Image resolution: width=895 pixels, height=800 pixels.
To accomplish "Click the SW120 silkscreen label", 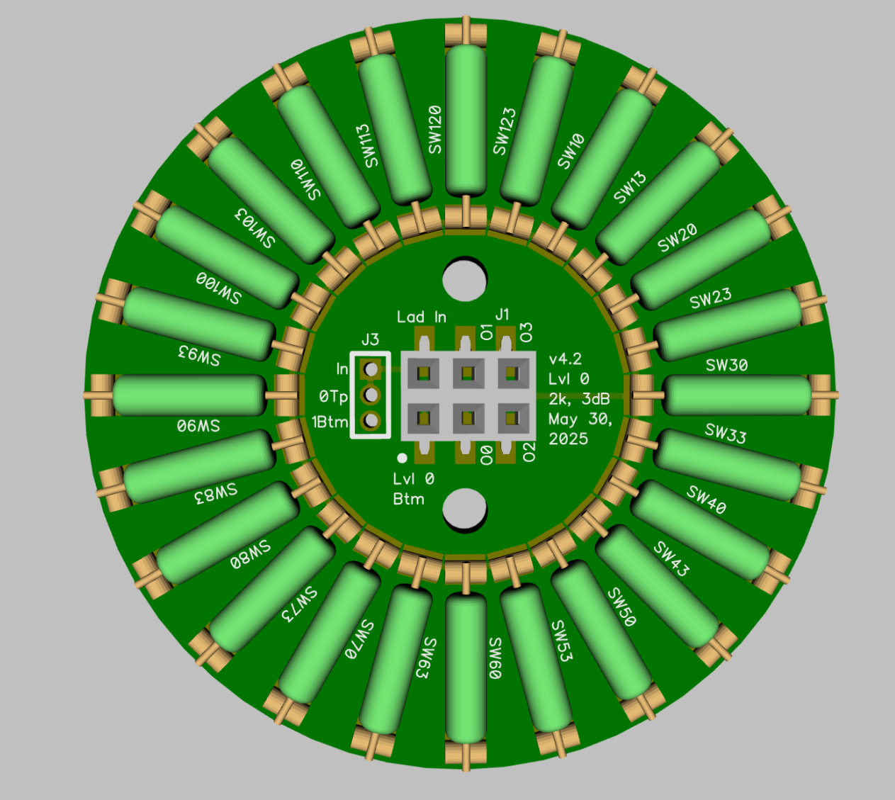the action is [x=434, y=130].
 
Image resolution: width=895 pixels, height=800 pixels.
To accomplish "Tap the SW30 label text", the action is [x=726, y=366].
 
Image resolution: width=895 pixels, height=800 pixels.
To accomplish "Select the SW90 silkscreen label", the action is [x=198, y=427].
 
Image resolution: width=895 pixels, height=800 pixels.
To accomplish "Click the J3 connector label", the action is [x=370, y=339].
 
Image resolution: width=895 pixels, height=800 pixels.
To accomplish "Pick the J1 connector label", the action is [x=502, y=315].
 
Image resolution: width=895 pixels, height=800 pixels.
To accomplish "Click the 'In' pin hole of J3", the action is [x=371, y=368].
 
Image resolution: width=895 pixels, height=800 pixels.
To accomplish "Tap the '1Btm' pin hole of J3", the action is [x=371, y=420].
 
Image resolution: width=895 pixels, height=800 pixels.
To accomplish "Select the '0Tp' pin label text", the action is [x=333, y=397].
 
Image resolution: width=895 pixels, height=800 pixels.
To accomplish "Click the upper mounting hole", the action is [x=465, y=280].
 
